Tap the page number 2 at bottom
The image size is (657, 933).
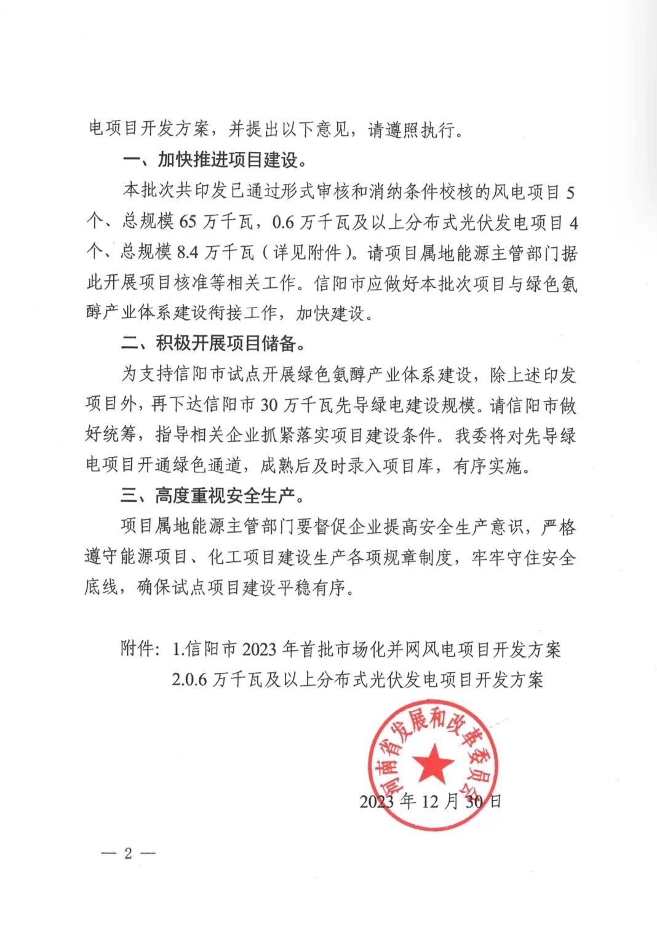(x=128, y=854)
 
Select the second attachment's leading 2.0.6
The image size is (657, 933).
(x=188, y=680)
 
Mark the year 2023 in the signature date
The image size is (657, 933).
(x=376, y=801)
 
